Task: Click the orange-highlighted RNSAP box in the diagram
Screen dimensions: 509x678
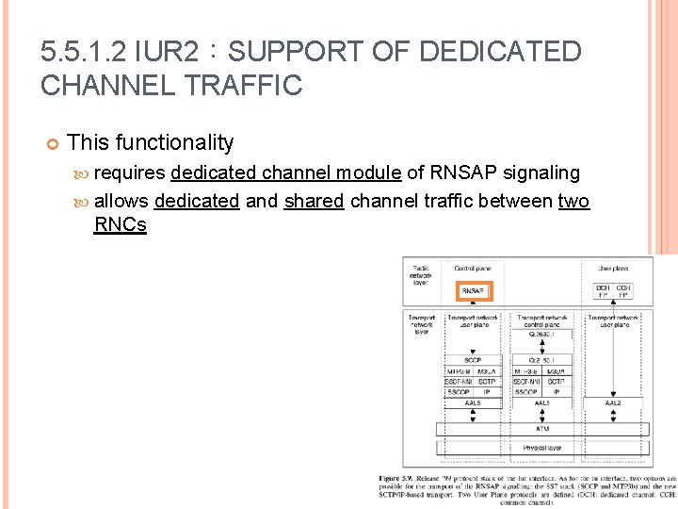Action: tap(474, 291)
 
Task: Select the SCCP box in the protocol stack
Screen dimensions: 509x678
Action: tap(473, 359)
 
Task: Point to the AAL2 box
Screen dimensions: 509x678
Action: tap(612, 402)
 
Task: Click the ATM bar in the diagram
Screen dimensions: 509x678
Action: tap(542, 428)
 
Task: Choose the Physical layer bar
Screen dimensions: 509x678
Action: tap(542, 448)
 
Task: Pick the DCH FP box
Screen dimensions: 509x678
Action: tap(603, 291)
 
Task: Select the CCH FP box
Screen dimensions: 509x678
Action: tap(623, 291)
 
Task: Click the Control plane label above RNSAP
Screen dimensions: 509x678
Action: tap(472, 269)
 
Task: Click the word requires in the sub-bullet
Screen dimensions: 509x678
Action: tap(130, 172)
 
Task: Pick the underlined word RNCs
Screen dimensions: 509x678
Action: tap(121, 225)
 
